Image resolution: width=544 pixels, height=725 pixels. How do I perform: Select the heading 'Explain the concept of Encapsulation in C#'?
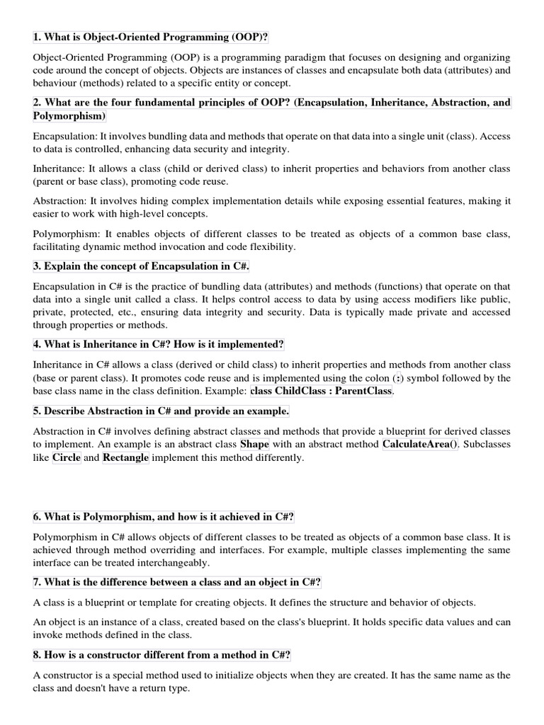click(141, 266)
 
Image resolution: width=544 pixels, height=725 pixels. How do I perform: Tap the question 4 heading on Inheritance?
click(158, 344)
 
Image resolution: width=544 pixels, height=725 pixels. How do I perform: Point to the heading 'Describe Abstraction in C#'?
click(161, 411)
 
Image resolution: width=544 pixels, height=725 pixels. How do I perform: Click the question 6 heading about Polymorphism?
click(164, 516)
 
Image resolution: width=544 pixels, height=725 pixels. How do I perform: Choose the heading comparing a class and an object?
click(177, 582)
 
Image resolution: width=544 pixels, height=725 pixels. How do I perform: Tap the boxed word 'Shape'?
click(255, 445)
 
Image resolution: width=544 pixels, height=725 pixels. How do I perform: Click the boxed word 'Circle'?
click(66, 457)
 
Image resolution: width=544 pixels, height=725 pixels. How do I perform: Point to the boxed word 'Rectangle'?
click(126, 457)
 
